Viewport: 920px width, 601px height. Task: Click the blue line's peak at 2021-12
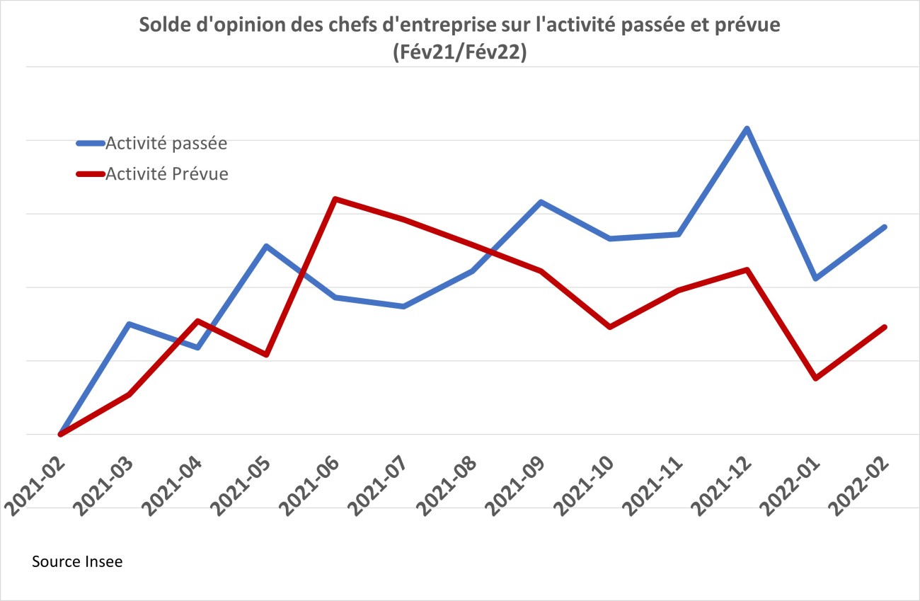pos(747,129)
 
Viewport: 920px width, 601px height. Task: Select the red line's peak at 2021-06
pos(335,199)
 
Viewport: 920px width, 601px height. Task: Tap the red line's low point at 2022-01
pos(816,378)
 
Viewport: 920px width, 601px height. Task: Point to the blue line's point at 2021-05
pos(266,246)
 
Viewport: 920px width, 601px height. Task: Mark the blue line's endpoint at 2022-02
pos(885,227)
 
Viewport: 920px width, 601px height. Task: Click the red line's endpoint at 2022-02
pos(885,327)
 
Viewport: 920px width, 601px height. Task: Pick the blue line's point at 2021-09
pos(541,202)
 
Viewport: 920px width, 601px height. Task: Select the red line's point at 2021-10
pos(609,327)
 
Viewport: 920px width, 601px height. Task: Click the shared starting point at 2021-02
pos(60,433)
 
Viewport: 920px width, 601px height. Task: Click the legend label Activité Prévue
pos(166,174)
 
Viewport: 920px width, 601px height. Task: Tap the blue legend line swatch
pos(90,144)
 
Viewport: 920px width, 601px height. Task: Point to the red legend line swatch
pos(90,174)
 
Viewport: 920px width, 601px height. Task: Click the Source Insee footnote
pos(77,562)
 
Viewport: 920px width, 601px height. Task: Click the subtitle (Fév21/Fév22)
pos(459,55)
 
